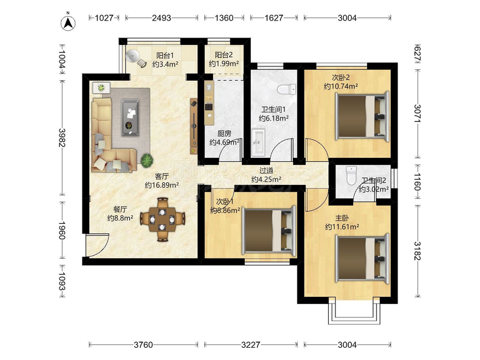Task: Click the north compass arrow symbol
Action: pos(68,22)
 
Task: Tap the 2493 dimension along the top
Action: pos(162,18)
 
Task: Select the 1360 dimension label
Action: pos(224,18)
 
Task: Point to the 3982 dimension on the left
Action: pos(62,137)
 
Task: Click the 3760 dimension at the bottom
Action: pos(143,344)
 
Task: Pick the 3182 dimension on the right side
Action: pos(417,251)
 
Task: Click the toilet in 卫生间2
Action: pos(351,175)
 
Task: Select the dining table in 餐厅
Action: pos(163,219)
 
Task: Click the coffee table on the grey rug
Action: pos(130,117)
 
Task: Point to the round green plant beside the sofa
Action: pos(147,161)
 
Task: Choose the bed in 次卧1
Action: pos(269,230)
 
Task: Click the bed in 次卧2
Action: pos(363,116)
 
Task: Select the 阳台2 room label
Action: pos(224,55)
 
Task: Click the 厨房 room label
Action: pos(224,134)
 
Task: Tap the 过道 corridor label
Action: pos(266,171)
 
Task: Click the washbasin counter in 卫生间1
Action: pos(258,143)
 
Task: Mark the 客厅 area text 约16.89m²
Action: pos(162,185)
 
